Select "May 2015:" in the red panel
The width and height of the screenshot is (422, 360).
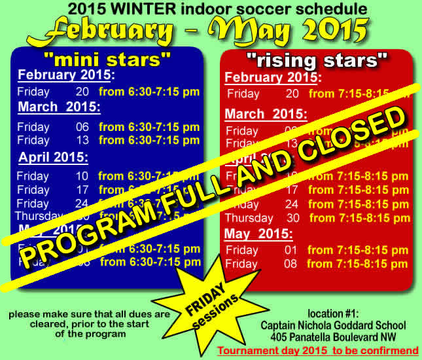coord(258,234)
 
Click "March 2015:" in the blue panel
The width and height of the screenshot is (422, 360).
coord(59,107)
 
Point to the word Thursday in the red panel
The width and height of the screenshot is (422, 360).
coord(249,218)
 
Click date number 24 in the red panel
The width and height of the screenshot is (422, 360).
coord(292,204)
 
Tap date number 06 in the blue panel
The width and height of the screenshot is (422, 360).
coord(82,127)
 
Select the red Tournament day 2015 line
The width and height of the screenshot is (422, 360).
coord(318,351)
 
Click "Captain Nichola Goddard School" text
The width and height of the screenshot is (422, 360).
coord(333,325)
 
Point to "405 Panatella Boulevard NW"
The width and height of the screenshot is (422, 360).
coord(333,337)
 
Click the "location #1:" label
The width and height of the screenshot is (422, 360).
coord(333,314)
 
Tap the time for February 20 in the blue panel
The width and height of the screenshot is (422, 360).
coord(149,92)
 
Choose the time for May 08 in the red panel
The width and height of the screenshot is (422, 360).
coord(358,264)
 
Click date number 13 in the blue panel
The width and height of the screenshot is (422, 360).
coord(82,140)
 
